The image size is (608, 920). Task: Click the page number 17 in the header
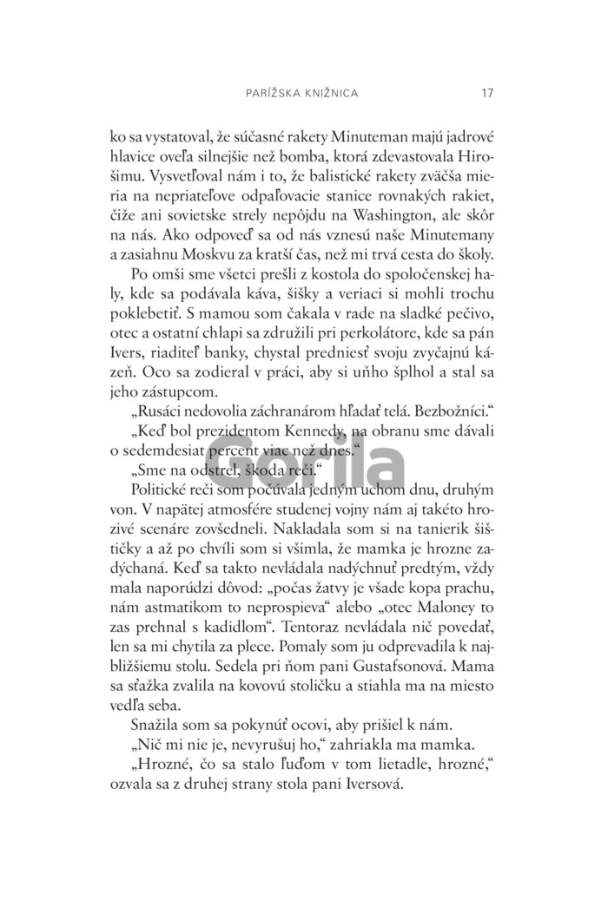[x=487, y=90]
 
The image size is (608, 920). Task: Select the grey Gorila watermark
[x=307, y=468]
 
